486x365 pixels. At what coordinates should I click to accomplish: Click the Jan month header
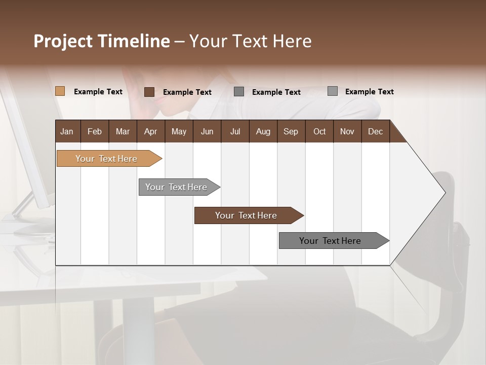pos(67,131)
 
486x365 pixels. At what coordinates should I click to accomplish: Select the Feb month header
pos(95,131)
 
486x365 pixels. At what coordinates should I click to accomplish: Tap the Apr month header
pos(150,131)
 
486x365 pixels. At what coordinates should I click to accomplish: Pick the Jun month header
pos(207,131)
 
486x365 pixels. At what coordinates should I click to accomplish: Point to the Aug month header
pos(263,131)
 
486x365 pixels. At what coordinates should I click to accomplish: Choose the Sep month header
pos(291,131)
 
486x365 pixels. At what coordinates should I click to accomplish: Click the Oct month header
pos(319,131)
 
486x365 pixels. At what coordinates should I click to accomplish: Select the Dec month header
pos(376,131)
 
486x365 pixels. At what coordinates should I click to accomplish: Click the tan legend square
pos(60,91)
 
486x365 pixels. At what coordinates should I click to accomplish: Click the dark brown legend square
pos(149,92)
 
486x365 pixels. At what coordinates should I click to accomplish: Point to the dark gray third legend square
pos(239,91)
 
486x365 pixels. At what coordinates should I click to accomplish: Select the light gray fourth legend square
pos(333,91)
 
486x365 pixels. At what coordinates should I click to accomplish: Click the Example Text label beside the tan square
pos(98,92)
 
